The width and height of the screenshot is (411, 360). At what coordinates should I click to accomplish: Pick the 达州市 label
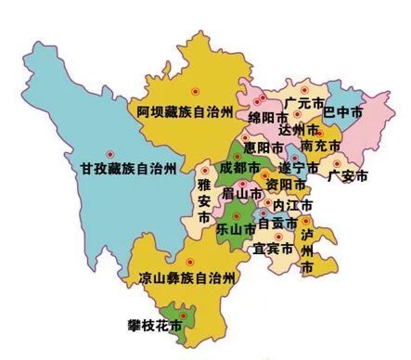point(299,131)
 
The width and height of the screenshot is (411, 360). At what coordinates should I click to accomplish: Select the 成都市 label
point(240,168)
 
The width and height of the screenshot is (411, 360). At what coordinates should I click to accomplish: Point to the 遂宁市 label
point(299,170)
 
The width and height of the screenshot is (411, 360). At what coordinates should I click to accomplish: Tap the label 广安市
point(349,176)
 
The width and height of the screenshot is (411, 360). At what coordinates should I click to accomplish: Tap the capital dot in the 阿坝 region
point(196,91)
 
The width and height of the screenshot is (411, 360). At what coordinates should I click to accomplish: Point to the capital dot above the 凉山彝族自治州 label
point(190,261)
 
